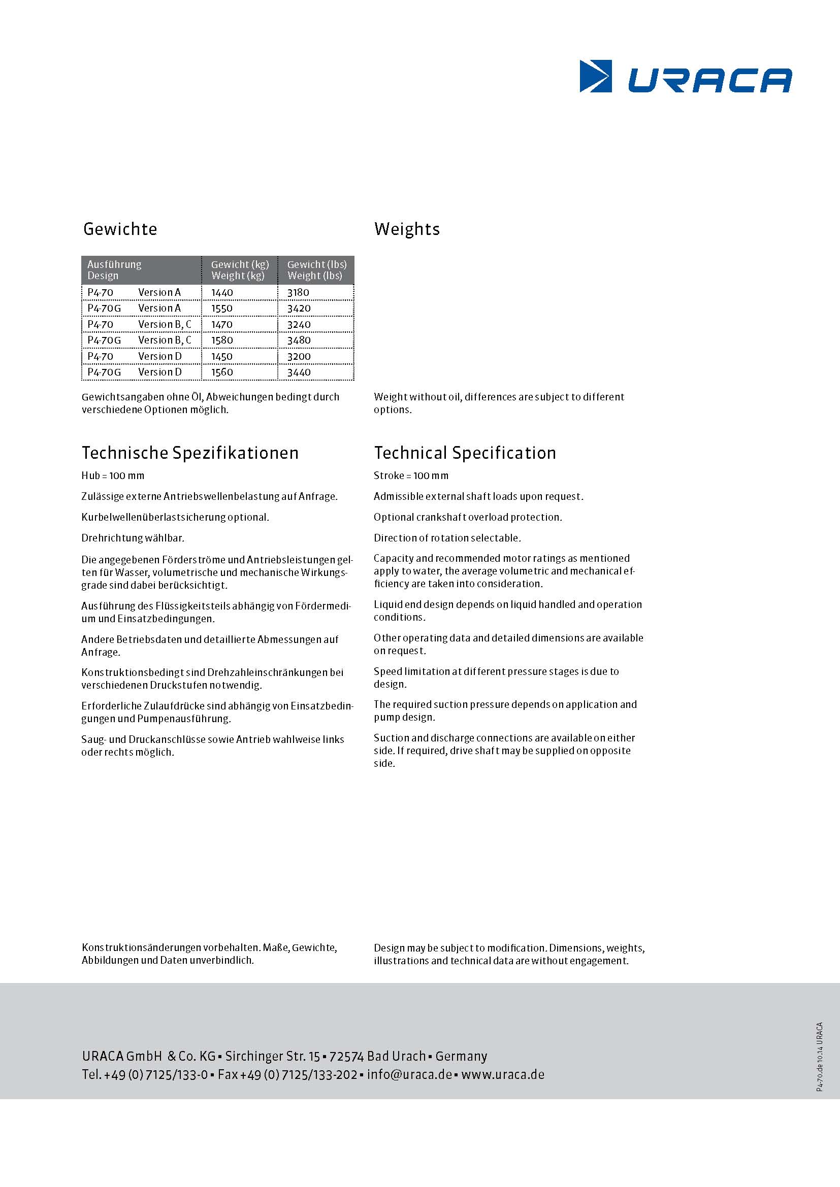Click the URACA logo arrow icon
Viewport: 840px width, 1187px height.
(x=595, y=77)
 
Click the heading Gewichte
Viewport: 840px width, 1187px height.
(x=120, y=229)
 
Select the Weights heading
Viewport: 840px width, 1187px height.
(x=407, y=229)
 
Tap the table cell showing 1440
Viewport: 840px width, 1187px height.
(x=222, y=293)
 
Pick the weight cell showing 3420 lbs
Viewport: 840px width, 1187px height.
(x=299, y=309)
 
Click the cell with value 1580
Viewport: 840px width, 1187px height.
(x=222, y=341)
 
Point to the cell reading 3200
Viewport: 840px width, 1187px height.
(x=299, y=357)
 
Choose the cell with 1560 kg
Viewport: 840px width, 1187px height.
(x=222, y=372)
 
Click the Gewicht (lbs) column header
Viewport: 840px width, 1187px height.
(x=316, y=270)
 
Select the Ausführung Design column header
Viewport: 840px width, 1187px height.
(x=114, y=270)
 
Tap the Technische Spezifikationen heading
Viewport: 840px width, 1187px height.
(x=190, y=453)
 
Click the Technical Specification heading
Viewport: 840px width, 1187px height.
(x=465, y=453)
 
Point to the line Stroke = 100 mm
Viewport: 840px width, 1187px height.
(x=411, y=476)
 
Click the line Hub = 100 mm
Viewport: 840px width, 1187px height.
(x=113, y=476)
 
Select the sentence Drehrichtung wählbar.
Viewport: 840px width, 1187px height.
(x=133, y=538)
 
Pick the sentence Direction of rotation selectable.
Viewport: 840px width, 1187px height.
(x=447, y=538)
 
